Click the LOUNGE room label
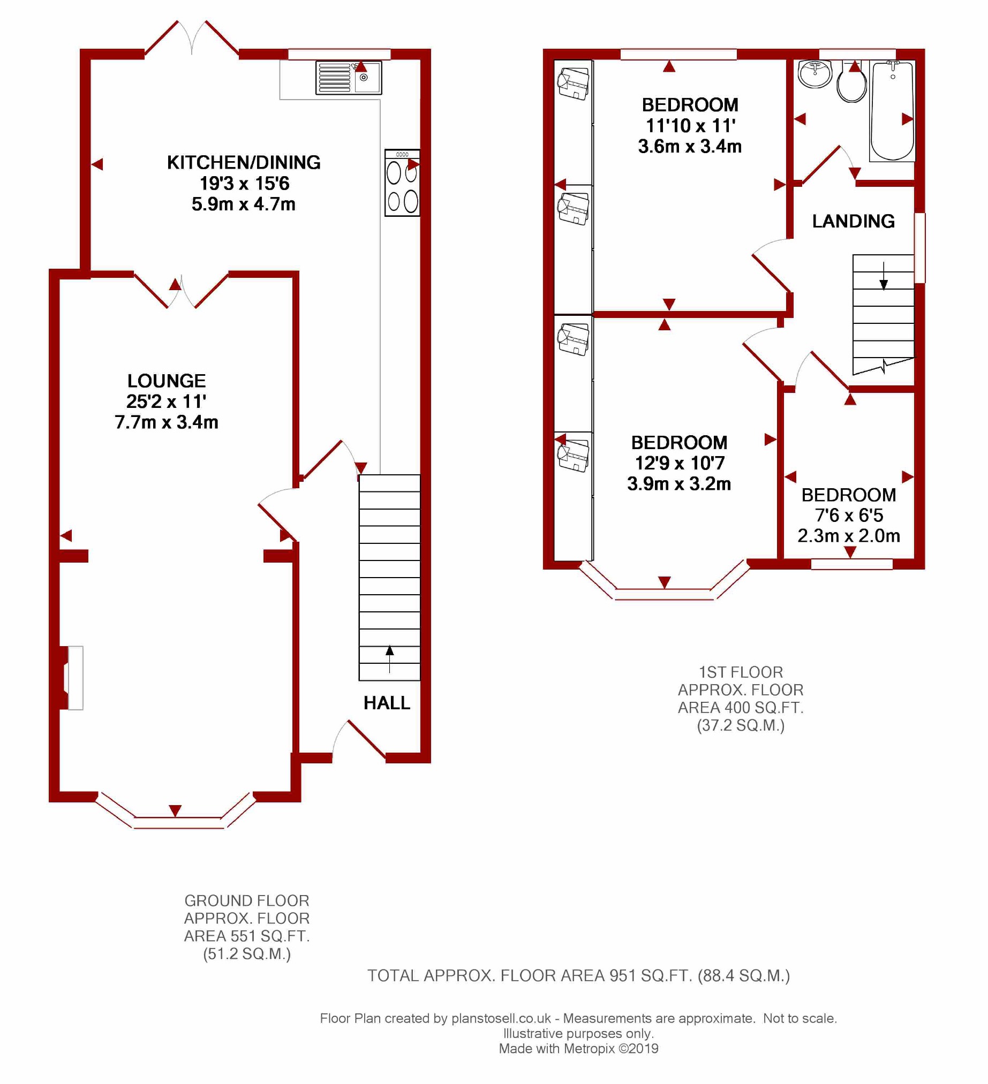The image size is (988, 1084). pyautogui.click(x=166, y=381)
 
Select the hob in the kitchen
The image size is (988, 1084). pyautogui.click(x=402, y=184)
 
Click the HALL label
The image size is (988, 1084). pyautogui.click(x=387, y=703)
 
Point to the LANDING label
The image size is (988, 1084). pyautogui.click(x=853, y=222)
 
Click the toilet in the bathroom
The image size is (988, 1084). pyautogui.click(x=852, y=84)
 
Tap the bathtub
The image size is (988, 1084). pyautogui.click(x=892, y=111)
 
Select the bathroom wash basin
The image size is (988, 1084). pyautogui.click(x=815, y=74)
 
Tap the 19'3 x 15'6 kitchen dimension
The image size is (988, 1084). pyautogui.click(x=244, y=184)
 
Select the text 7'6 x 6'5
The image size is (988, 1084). pyautogui.click(x=849, y=516)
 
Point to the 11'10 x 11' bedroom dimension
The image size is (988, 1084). pyautogui.click(x=690, y=126)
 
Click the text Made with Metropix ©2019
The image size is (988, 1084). pyautogui.click(x=578, y=1049)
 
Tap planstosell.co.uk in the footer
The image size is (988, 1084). pyautogui.click(x=501, y=1018)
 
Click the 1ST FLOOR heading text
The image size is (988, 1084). pyautogui.click(x=740, y=673)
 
